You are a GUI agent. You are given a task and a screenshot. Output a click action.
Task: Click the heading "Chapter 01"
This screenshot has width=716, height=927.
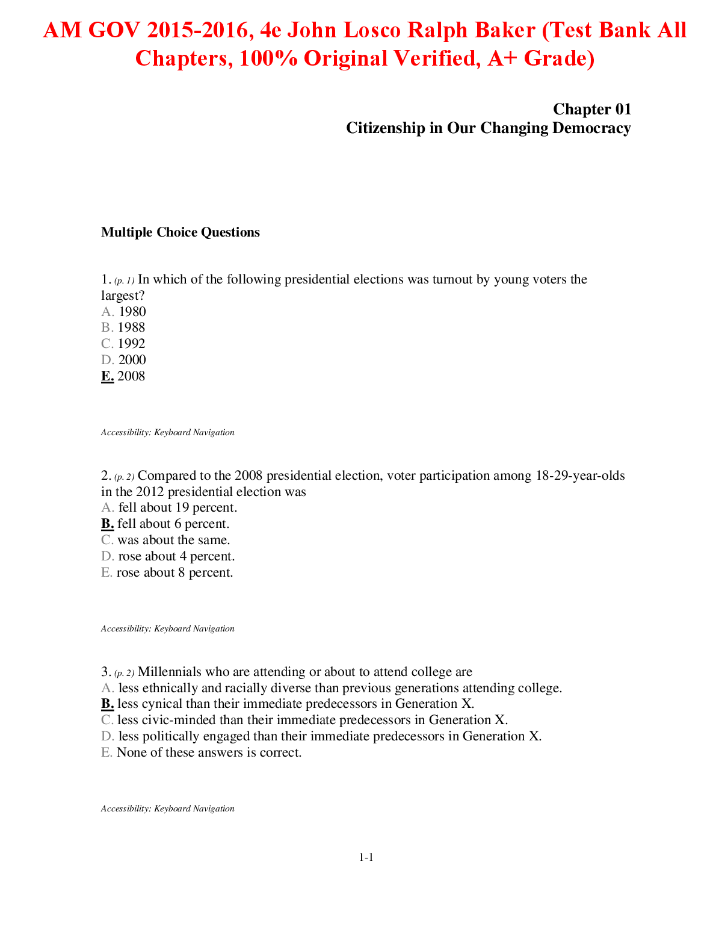(592, 109)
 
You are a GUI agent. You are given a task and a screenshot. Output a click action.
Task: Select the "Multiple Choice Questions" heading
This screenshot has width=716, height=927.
(181, 232)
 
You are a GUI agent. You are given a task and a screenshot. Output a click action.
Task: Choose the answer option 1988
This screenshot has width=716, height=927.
(131, 327)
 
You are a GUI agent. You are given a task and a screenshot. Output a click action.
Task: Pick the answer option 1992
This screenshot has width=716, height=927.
(131, 344)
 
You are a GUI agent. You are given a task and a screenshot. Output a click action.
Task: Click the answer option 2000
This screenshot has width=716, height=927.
(132, 360)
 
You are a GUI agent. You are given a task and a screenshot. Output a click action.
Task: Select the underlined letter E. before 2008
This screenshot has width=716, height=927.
(108, 376)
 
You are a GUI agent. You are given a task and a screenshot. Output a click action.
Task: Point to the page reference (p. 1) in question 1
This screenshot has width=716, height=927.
(124, 281)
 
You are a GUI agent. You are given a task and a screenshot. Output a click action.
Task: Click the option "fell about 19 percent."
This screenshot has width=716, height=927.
(177, 508)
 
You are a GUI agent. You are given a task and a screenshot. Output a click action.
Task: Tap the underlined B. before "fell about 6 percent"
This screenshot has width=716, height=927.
(108, 524)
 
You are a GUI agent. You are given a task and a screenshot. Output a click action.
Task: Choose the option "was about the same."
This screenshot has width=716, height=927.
(174, 541)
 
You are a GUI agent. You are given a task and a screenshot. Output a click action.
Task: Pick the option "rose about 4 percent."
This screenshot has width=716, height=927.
(176, 557)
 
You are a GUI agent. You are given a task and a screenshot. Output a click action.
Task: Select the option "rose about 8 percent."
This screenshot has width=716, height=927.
(175, 573)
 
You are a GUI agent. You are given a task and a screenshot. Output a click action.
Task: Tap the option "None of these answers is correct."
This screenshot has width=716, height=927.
(209, 752)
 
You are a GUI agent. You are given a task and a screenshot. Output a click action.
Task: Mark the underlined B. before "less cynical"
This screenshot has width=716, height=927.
(108, 704)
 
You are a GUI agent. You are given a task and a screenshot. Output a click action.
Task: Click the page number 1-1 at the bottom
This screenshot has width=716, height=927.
(366, 858)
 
